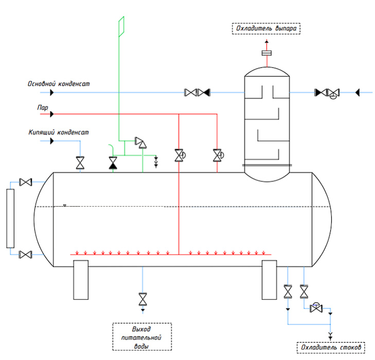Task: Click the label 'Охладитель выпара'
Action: click(x=266, y=28)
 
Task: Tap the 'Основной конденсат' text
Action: click(x=59, y=84)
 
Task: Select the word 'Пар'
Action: click(x=43, y=107)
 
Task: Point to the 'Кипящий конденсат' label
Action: click(x=59, y=132)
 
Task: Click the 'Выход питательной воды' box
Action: click(x=142, y=337)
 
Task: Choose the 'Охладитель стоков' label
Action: click(x=331, y=348)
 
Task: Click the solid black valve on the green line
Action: click(x=113, y=163)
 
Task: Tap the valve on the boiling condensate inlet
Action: click(x=80, y=163)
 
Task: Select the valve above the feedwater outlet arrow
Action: click(x=143, y=299)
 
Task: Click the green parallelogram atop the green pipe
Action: click(x=121, y=27)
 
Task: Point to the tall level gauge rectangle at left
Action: click(x=10, y=218)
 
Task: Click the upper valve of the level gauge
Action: click(x=26, y=182)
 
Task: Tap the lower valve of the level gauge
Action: click(x=25, y=255)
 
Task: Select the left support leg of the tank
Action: click(x=81, y=280)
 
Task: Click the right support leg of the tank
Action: click(x=270, y=280)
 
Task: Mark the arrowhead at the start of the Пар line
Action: click(x=52, y=114)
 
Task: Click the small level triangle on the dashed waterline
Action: click(x=65, y=205)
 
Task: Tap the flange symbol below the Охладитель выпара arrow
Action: click(x=266, y=53)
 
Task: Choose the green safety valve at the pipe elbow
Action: click(x=141, y=142)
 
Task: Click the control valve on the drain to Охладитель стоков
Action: click(x=316, y=308)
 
